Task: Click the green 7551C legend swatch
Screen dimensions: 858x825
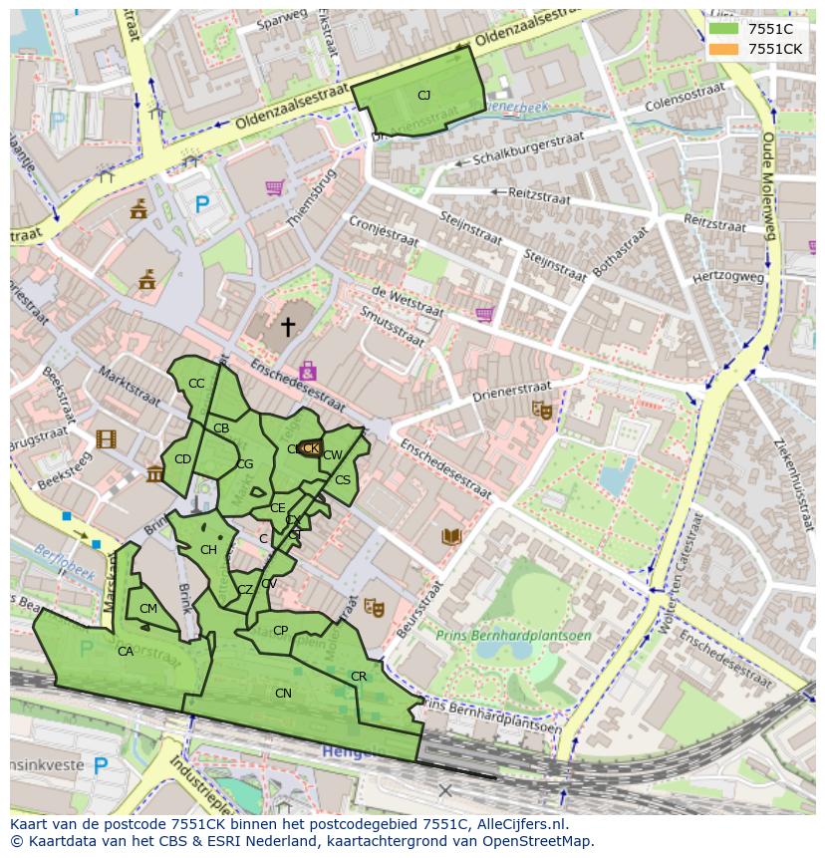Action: (x=723, y=29)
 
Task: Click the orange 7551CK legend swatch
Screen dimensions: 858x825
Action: (x=723, y=49)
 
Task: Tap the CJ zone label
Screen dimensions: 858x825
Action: (x=423, y=96)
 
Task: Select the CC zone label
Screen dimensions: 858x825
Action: (x=196, y=384)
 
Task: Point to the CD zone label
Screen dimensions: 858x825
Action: (x=182, y=459)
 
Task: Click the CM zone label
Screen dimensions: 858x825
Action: (x=148, y=609)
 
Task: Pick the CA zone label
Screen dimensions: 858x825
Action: (x=126, y=652)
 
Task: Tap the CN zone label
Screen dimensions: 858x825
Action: (x=283, y=694)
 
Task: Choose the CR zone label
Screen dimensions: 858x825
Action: (x=359, y=677)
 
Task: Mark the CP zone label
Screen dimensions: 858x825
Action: (x=280, y=631)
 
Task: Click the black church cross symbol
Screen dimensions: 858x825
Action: (x=288, y=327)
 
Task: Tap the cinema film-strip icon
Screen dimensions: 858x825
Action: (x=106, y=438)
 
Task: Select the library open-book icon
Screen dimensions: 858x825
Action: (x=451, y=537)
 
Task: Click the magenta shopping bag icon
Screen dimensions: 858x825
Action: (x=307, y=372)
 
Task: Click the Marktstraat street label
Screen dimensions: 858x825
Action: (x=129, y=386)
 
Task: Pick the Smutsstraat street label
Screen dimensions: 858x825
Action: (x=395, y=328)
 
